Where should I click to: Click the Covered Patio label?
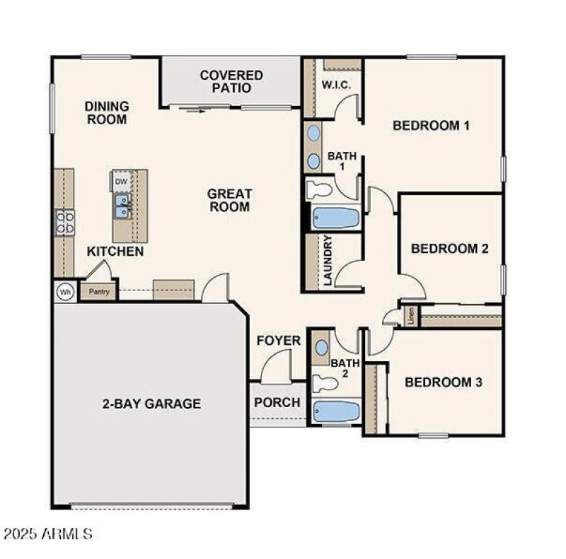coord(231,81)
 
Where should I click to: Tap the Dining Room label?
coord(107,112)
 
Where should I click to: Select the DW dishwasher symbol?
coord(121,182)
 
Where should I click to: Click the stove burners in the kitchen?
coord(65,223)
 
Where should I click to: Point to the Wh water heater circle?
coord(65,291)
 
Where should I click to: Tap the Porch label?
coord(277,403)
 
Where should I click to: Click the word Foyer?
coord(278,341)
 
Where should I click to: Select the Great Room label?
coord(229,200)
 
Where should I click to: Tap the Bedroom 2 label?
coord(450,249)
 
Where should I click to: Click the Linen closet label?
coord(411,316)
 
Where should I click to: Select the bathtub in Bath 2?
coord(335,412)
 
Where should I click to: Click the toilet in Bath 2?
coord(326,384)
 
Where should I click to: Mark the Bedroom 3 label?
coord(444,382)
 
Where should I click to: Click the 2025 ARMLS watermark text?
coord(47,533)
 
